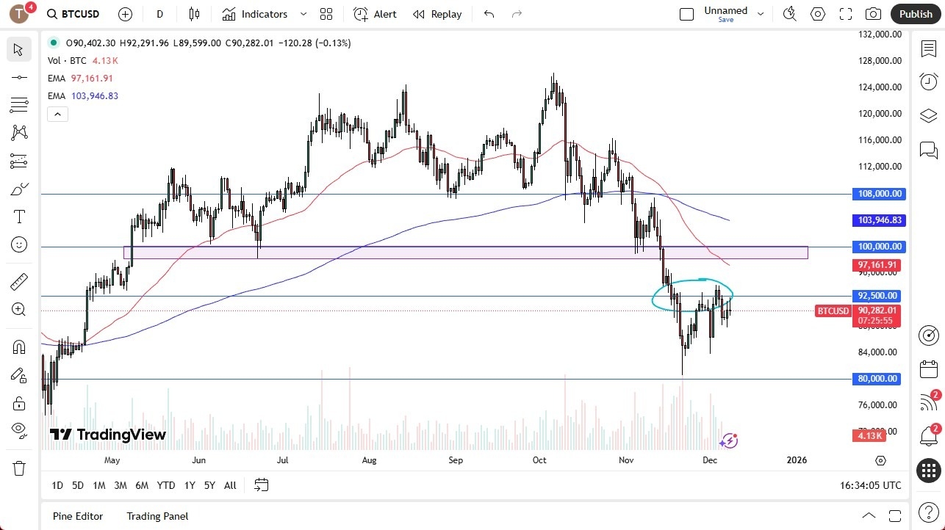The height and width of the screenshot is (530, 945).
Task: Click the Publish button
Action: (x=915, y=14)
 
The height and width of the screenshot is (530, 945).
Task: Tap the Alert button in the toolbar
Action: (x=375, y=14)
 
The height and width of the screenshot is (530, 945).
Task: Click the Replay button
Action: (x=437, y=14)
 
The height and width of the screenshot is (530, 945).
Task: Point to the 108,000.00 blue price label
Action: (x=879, y=194)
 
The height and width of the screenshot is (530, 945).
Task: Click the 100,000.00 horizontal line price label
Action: (x=879, y=247)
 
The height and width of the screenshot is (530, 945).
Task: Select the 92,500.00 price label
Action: (x=879, y=296)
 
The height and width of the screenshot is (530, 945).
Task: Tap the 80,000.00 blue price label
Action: (x=879, y=379)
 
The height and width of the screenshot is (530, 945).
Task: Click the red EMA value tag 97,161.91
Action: (x=879, y=264)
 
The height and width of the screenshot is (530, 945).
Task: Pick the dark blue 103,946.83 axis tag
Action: (x=879, y=220)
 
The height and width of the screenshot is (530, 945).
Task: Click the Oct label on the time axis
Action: (x=539, y=460)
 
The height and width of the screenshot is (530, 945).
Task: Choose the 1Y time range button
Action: (x=190, y=485)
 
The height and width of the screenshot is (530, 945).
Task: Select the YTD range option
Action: (x=166, y=485)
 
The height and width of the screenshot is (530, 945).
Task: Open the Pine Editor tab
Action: (x=78, y=516)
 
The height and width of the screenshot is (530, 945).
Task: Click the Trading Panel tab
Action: (x=157, y=516)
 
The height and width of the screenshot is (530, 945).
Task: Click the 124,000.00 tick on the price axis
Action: (x=879, y=87)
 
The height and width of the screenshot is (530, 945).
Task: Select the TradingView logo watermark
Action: (x=108, y=435)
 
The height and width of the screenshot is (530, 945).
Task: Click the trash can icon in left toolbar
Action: (x=18, y=468)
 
